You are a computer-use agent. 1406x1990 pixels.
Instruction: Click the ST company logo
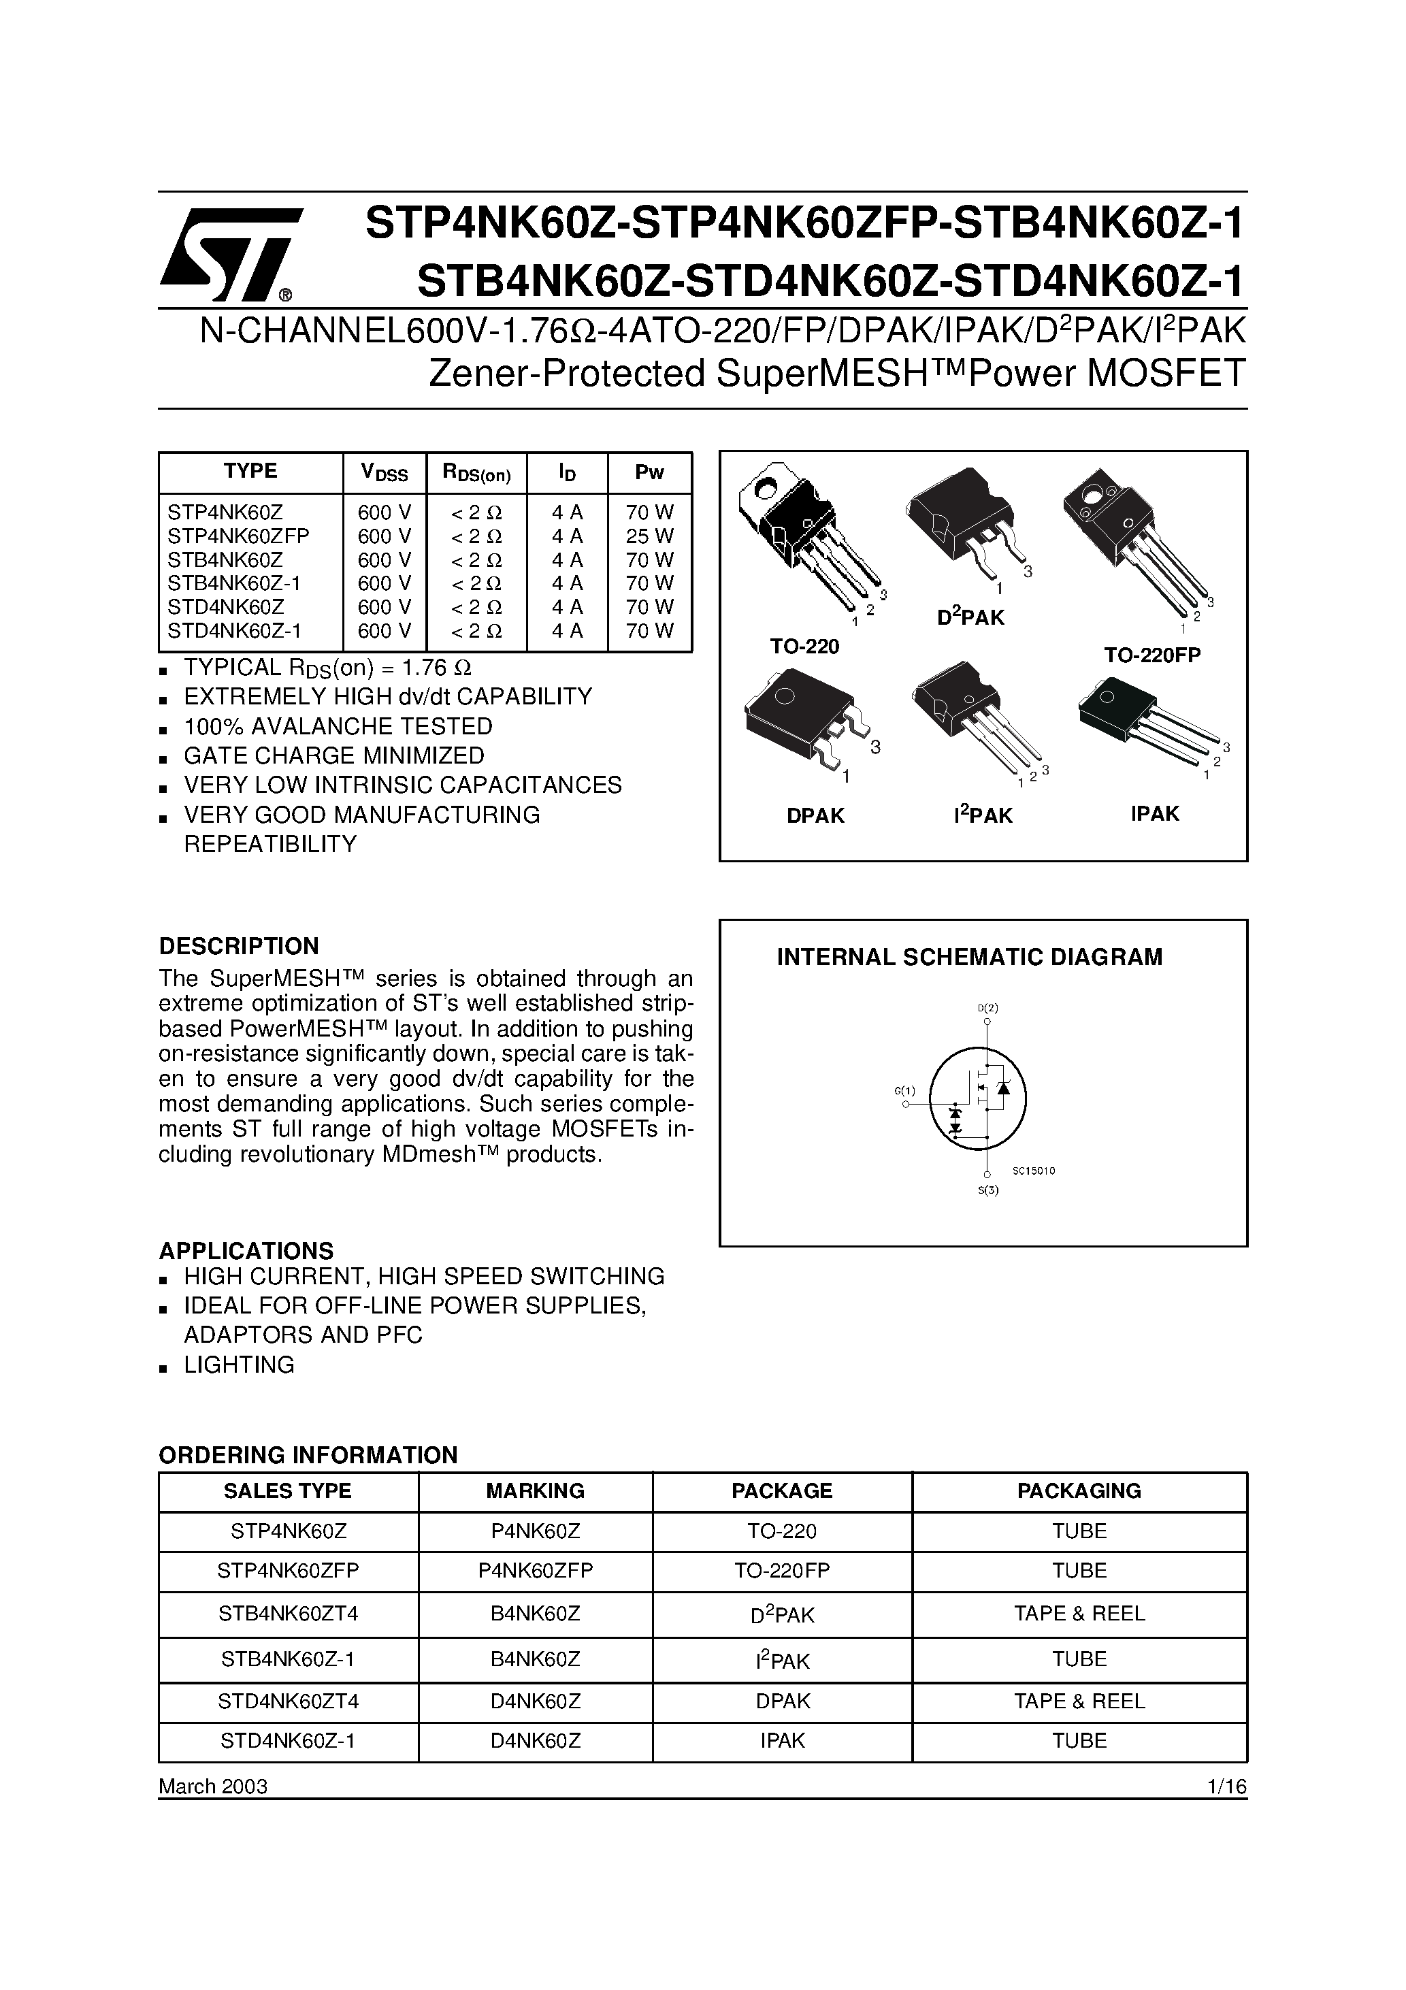(228, 254)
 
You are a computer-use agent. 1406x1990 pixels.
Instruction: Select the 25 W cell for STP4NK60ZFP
(649, 536)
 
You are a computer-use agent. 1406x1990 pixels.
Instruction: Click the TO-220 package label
(804, 647)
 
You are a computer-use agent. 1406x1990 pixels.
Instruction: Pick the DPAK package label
(815, 815)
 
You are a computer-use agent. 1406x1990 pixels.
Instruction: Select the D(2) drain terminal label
(987, 1008)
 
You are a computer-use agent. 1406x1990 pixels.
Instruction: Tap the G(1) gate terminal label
(904, 1090)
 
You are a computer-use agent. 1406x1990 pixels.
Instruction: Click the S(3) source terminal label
(988, 1190)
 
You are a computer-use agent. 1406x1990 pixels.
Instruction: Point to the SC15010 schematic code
(1033, 1170)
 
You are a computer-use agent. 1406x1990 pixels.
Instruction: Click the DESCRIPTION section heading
(238, 945)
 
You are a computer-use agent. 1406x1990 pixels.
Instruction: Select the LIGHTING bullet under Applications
(238, 1365)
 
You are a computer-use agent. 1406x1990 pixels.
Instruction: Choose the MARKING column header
(535, 1490)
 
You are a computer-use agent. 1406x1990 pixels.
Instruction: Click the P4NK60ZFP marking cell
(535, 1571)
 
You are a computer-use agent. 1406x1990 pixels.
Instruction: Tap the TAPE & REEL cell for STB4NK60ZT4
(1079, 1614)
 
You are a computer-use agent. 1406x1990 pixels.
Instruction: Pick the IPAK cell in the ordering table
(782, 1740)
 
